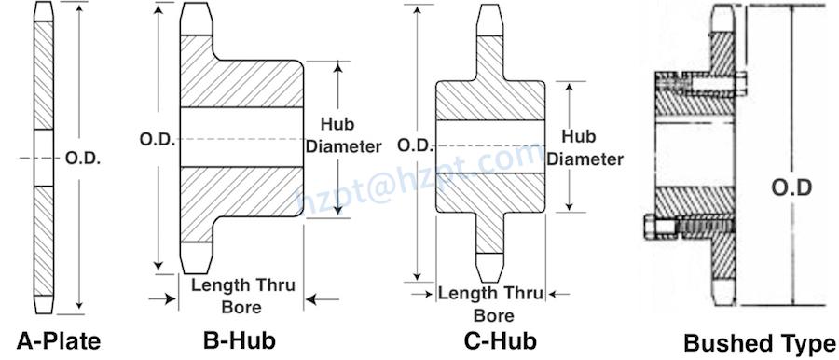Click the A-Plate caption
coord(59,339)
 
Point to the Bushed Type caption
coord(760,342)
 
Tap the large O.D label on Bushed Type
coord(791,188)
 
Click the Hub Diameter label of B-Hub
coord(351,135)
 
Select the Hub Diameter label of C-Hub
coord(585,148)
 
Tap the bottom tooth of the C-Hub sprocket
coord(492,262)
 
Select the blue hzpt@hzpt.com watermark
coord(419,177)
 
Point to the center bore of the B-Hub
coord(241,139)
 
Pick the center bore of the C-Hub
coord(492,146)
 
